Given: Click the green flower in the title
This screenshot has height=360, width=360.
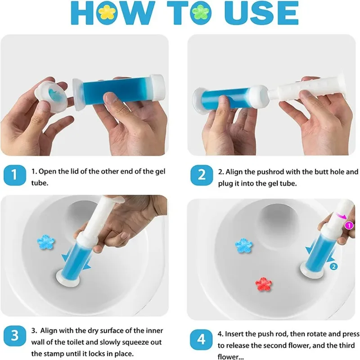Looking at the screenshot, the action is click(x=201, y=13).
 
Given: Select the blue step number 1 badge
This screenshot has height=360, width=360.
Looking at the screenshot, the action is click(x=15, y=175).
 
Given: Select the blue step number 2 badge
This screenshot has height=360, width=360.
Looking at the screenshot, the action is click(x=202, y=175).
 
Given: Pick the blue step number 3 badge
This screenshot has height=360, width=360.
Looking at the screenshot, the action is click(x=15, y=336).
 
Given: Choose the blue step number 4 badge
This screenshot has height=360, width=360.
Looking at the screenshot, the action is click(x=201, y=339).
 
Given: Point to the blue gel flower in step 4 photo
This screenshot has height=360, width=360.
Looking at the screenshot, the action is click(x=244, y=246).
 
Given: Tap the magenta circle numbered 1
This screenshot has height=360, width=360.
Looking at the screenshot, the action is click(x=349, y=225).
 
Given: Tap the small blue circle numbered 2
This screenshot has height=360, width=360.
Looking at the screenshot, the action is click(x=333, y=266).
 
